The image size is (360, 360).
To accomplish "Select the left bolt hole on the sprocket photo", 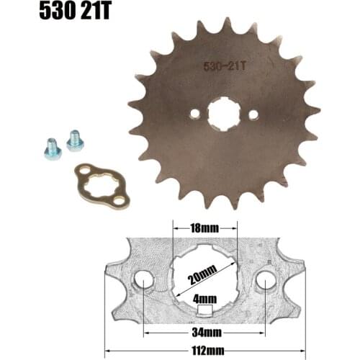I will [x=193, y=114].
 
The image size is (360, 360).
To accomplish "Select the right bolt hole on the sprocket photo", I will [x=253, y=114].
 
